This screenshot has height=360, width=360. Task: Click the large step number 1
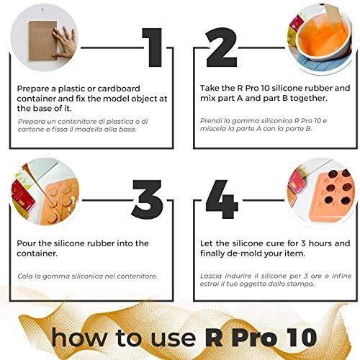(x=153, y=48)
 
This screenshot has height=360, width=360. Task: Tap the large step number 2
(x=222, y=48)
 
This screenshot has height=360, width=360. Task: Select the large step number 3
(x=148, y=199)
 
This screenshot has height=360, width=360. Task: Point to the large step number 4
(x=222, y=199)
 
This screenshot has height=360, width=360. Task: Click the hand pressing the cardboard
(x=64, y=42)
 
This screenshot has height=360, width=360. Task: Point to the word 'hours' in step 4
(x=320, y=243)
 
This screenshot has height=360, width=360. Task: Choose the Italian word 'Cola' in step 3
(x=24, y=276)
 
